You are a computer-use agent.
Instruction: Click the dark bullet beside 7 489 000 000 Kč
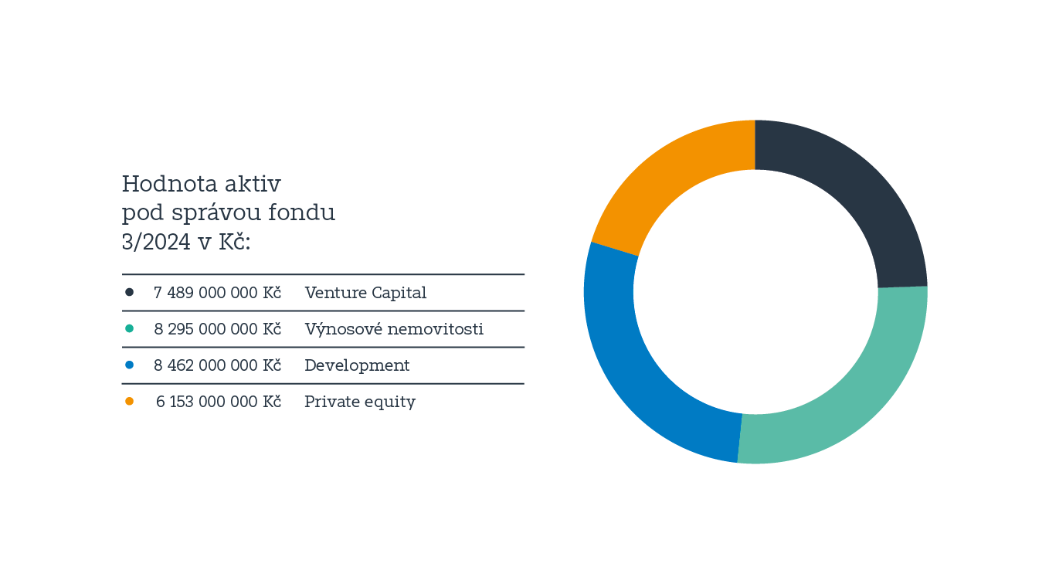point(129,292)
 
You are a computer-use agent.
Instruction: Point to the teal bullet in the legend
point(129,329)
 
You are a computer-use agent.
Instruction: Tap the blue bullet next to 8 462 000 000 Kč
point(129,365)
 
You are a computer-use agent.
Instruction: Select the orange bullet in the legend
point(129,402)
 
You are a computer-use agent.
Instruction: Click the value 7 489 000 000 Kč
point(217,293)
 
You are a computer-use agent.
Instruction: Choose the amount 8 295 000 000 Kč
point(217,329)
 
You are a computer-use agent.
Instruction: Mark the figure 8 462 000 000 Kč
point(217,365)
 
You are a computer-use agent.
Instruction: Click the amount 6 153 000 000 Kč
point(219,402)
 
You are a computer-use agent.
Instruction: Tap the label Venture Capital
point(365,293)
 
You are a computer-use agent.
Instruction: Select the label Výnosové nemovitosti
point(394,329)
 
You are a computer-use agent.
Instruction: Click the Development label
point(357,365)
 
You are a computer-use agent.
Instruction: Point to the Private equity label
point(360,402)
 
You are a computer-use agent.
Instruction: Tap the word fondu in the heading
point(301,212)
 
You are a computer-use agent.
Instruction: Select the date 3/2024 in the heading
point(156,242)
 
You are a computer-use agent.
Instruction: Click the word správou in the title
point(216,213)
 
